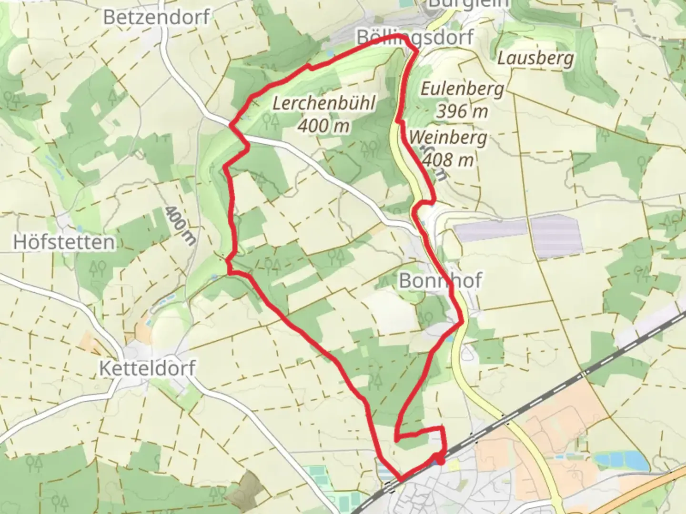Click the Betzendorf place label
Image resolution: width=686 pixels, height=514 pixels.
[156, 18]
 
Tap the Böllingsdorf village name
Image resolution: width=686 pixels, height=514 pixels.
[415, 37]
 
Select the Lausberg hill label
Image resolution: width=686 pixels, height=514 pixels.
[535, 59]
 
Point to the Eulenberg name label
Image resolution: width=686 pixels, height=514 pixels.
[462, 89]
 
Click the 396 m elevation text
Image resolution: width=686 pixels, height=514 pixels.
[462, 111]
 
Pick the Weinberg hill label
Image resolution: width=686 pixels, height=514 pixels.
[448, 138]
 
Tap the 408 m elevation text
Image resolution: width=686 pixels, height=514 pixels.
[448, 160]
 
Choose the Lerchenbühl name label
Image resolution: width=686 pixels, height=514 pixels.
[324, 103]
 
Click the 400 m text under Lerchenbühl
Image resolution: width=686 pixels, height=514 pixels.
[324, 126]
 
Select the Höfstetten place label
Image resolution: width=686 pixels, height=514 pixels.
[64, 242]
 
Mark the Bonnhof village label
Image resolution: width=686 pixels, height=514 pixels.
[440, 280]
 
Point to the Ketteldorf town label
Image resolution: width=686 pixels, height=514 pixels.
[147, 368]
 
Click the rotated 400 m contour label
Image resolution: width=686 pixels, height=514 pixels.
[181, 226]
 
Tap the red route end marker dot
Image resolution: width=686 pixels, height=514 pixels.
[440, 460]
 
